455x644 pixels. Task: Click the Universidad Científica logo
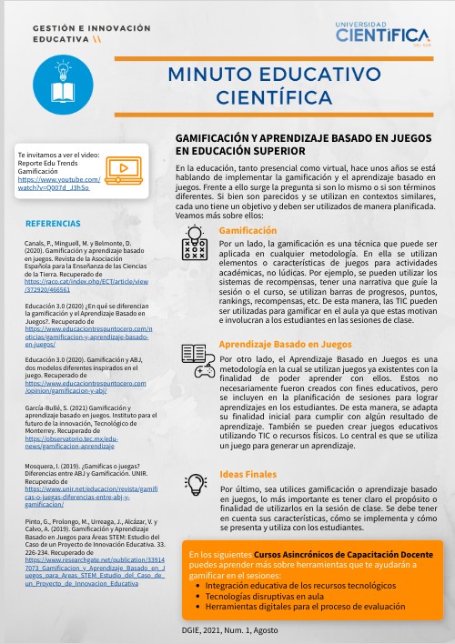click(x=381, y=34)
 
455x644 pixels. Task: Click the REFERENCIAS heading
click(x=53, y=224)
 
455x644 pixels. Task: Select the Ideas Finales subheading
click(x=248, y=473)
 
